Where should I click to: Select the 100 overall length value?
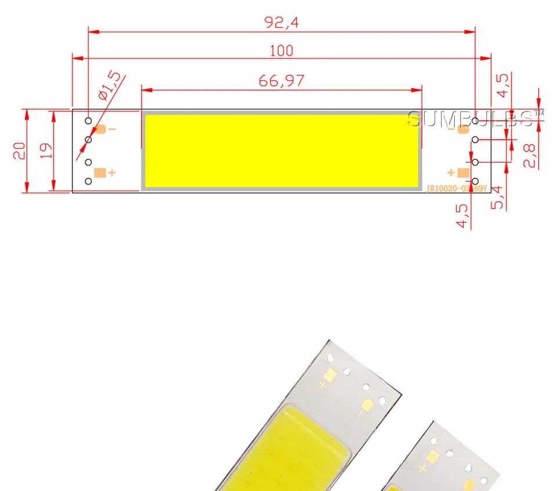click(281, 51)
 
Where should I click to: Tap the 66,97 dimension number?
click(281, 81)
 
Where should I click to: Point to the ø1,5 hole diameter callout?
click(110, 85)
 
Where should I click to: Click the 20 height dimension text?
click(19, 151)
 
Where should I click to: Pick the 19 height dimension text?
click(46, 151)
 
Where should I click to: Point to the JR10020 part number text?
click(455, 189)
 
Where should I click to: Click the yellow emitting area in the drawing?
click(281, 150)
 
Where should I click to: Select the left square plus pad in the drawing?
click(99, 173)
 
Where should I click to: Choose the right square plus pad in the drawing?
click(463, 172)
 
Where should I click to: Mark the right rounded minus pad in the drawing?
click(463, 129)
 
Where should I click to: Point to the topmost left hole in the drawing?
click(88, 121)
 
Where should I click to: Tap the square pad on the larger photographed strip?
click(329, 375)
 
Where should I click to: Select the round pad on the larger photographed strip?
click(367, 405)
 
